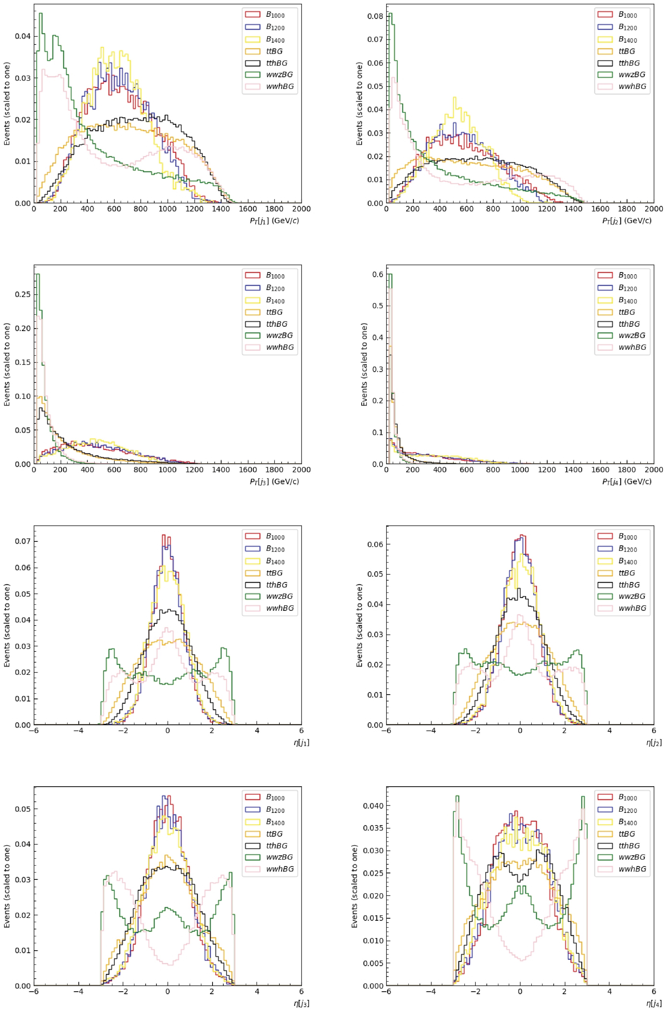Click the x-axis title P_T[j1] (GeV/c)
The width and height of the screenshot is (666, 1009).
tap(275, 220)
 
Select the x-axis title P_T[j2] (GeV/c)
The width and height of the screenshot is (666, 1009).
tap(626, 220)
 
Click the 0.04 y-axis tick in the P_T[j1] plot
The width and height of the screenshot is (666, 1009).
tap(23, 36)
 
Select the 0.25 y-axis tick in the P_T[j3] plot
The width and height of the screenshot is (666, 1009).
tap(23, 294)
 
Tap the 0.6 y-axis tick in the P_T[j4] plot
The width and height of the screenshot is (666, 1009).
tap(378, 274)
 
